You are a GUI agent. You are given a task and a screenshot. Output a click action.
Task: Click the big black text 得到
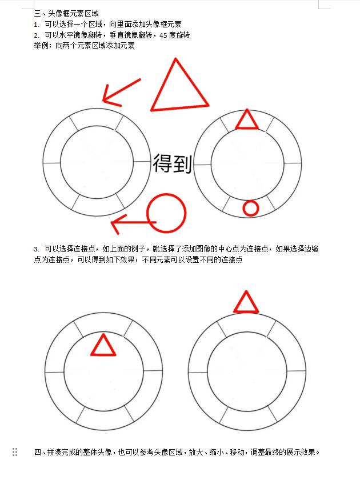[173, 163]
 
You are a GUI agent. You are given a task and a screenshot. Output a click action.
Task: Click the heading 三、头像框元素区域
[66, 14]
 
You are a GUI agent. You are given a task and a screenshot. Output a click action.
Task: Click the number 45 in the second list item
[163, 35]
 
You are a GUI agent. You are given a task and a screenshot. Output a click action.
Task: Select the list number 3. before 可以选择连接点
[37, 249]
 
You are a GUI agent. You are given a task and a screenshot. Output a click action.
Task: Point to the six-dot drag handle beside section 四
[15, 452]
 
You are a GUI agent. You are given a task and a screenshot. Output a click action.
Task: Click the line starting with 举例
[84, 46]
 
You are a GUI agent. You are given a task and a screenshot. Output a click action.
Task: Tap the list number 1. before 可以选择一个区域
[37, 25]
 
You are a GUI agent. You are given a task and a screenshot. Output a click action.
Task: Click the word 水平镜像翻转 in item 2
[81, 35]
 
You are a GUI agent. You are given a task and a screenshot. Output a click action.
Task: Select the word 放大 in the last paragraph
[196, 452]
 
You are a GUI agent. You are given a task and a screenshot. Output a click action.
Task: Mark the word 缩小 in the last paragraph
[217, 452]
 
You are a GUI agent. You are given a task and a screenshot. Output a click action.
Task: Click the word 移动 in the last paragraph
[237, 452]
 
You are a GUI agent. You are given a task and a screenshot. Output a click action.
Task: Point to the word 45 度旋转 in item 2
[174, 35]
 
